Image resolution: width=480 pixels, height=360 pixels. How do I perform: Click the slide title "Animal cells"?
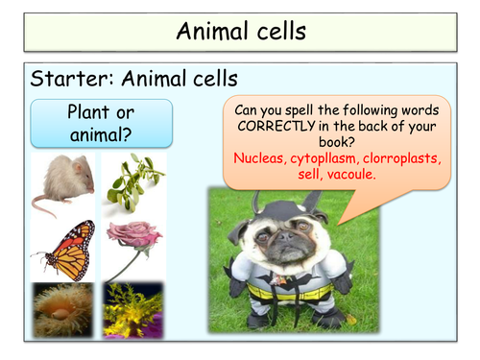tap(240, 31)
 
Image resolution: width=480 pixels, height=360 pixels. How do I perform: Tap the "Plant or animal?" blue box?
tap(101, 122)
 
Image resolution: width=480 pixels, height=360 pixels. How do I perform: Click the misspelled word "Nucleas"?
tap(261, 158)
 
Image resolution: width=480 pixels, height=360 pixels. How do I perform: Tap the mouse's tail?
tap(43, 205)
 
